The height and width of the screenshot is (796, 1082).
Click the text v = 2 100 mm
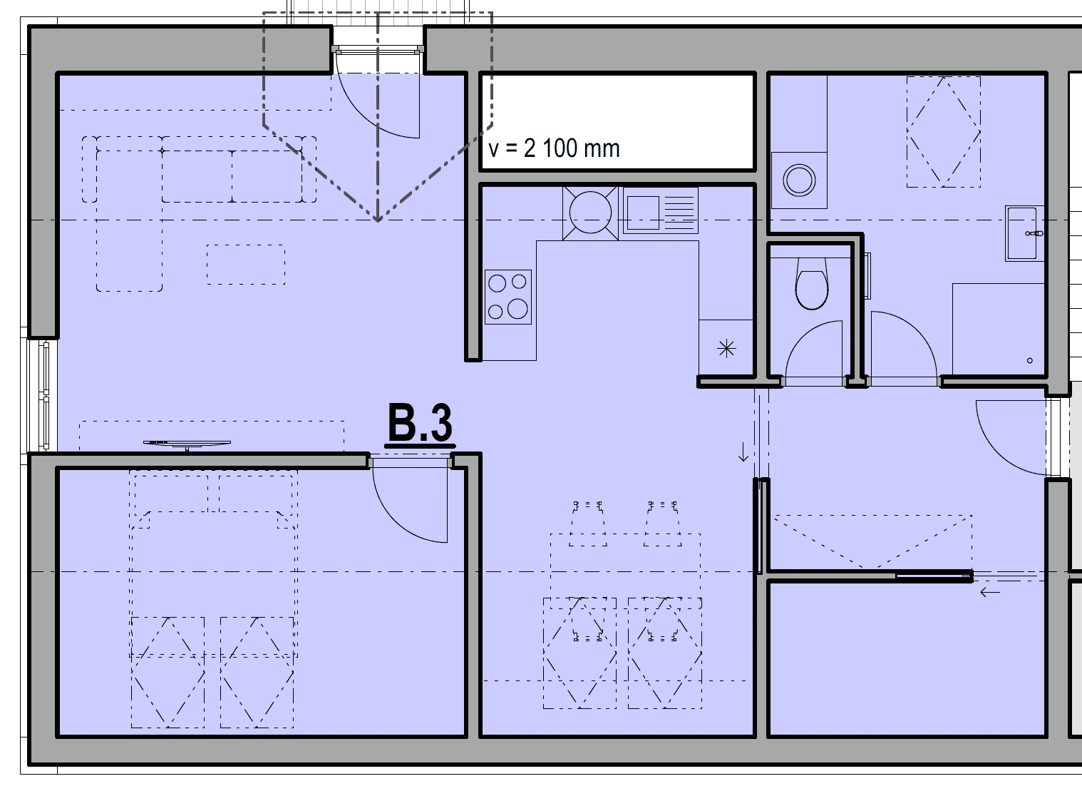(x=554, y=148)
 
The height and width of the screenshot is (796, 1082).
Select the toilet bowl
(x=811, y=284)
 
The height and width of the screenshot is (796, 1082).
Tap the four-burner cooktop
(x=508, y=297)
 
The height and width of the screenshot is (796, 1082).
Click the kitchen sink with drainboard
(x=660, y=211)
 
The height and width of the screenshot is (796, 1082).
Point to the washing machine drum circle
(x=799, y=180)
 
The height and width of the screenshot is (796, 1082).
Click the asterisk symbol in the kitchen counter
(x=726, y=349)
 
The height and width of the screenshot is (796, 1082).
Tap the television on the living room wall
(x=187, y=444)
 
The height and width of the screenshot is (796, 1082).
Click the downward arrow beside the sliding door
(x=743, y=452)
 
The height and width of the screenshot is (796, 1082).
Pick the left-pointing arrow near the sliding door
(x=990, y=592)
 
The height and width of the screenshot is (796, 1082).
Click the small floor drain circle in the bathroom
(x=1030, y=360)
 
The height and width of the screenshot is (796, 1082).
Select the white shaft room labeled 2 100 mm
(x=617, y=122)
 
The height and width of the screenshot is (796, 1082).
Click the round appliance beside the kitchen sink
(x=590, y=213)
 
